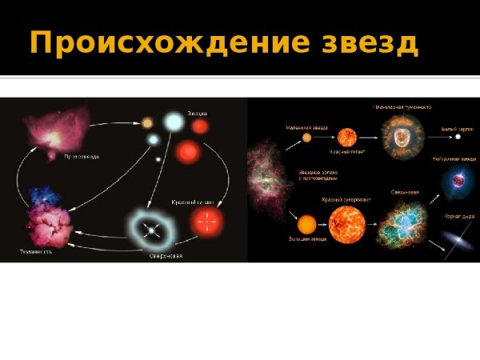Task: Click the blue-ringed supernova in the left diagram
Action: (x=150, y=230)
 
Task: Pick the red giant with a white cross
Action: (x=206, y=223)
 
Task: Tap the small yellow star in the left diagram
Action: (x=147, y=122)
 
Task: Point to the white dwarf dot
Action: (x=458, y=137)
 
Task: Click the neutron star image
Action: (x=455, y=181)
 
